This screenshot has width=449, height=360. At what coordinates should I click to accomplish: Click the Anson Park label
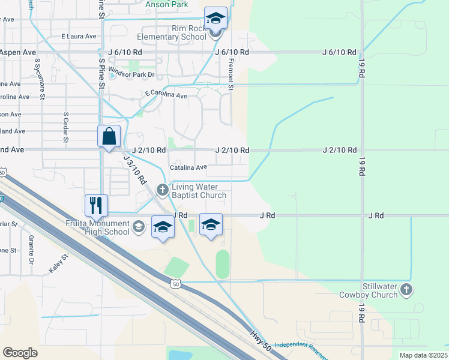[167, 4]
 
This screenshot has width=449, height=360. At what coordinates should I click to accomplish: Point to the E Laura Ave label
[79, 37]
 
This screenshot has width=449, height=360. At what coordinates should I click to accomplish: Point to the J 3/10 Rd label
[134, 169]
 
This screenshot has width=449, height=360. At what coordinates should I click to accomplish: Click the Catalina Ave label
[188, 167]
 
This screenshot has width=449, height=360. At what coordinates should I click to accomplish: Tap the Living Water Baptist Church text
[199, 191]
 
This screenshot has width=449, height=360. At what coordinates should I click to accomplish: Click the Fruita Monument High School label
[98, 228]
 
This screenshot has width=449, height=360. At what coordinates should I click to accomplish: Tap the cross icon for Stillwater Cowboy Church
[406, 290]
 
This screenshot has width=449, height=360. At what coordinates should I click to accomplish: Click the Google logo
[20, 353]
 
